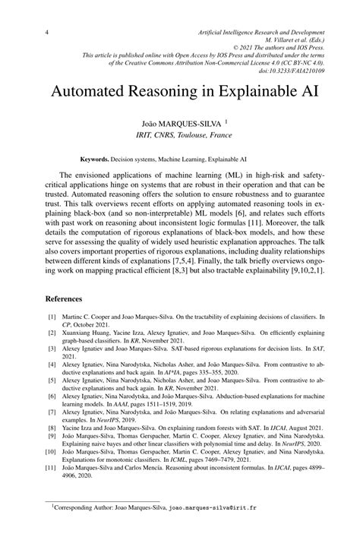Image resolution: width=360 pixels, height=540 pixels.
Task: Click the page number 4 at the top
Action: click(48, 33)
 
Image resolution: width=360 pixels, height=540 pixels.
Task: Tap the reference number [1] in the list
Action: click(52, 314)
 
